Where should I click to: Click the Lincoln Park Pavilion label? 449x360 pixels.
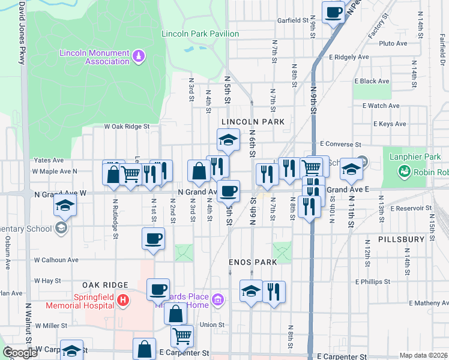click(x=200, y=34)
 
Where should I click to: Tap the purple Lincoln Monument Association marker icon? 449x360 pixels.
click(x=139, y=56)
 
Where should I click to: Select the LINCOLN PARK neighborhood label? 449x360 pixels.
click(x=252, y=122)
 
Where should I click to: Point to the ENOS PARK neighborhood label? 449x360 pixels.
click(x=252, y=262)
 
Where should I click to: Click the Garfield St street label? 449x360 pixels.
click(x=292, y=20)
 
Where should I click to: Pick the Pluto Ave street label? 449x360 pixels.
click(x=393, y=43)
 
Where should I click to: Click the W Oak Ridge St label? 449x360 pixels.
click(x=126, y=127)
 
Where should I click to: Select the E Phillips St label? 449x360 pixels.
click(x=372, y=281)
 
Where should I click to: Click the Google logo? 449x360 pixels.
click(x=20, y=353)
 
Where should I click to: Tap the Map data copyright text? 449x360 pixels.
click(x=424, y=355)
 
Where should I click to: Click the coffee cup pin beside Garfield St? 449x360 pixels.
click(x=333, y=11)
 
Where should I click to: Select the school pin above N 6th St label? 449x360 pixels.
click(x=228, y=139)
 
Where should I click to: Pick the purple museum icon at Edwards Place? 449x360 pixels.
click(x=218, y=299)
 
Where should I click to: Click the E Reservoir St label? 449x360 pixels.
click(x=412, y=208)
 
